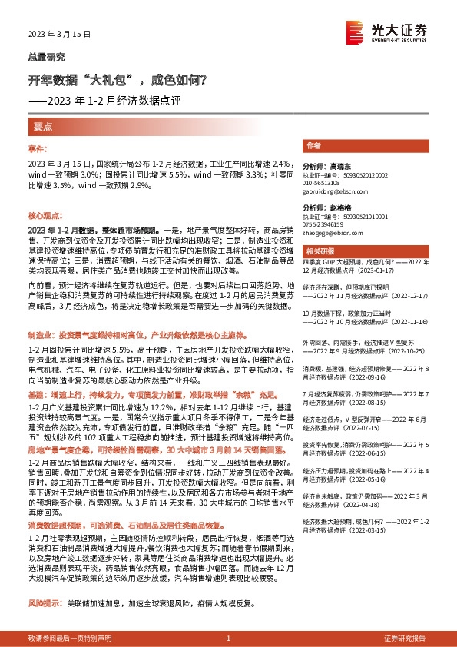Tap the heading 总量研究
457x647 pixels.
point(46,57)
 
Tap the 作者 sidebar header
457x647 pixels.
point(313,145)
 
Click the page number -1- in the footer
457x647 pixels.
point(228,639)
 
